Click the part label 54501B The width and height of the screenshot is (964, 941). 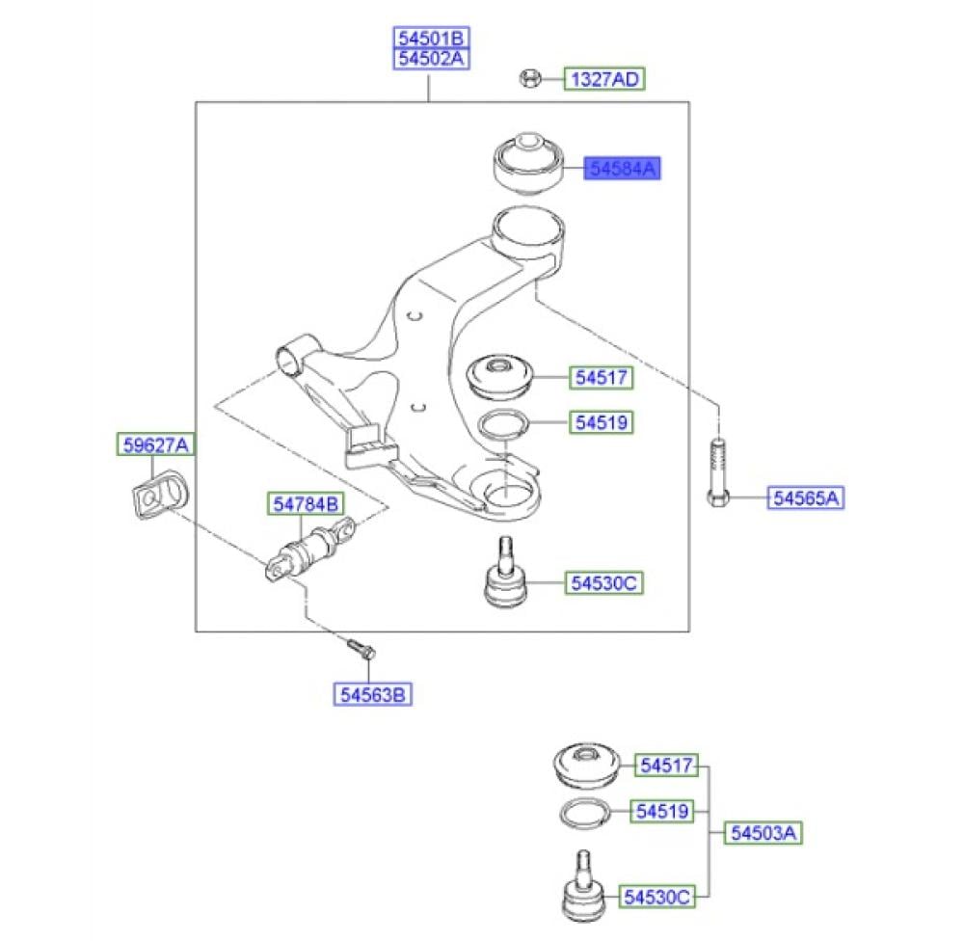point(431,39)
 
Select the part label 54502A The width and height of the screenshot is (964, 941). point(431,59)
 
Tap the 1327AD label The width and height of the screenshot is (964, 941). point(604,79)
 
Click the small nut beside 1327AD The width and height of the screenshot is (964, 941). point(530,79)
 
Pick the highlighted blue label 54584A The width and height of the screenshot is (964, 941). point(622,168)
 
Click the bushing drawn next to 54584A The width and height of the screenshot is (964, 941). point(528,164)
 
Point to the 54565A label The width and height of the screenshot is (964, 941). point(805,497)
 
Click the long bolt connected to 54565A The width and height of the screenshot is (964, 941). point(717,472)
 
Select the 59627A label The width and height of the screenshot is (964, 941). point(155,444)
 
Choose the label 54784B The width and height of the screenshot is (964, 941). point(306,504)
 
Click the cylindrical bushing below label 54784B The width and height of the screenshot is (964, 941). point(311,550)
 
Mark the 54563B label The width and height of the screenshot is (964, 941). point(372,695)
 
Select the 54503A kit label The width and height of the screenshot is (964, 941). point(763,833)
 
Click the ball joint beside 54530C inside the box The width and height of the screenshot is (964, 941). point(504,572)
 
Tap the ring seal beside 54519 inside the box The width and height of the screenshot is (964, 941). point(503,425)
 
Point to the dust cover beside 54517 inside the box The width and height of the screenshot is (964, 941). point(499,376)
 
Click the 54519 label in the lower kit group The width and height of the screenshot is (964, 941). point(662,812)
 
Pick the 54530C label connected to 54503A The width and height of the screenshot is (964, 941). point(656,898)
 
